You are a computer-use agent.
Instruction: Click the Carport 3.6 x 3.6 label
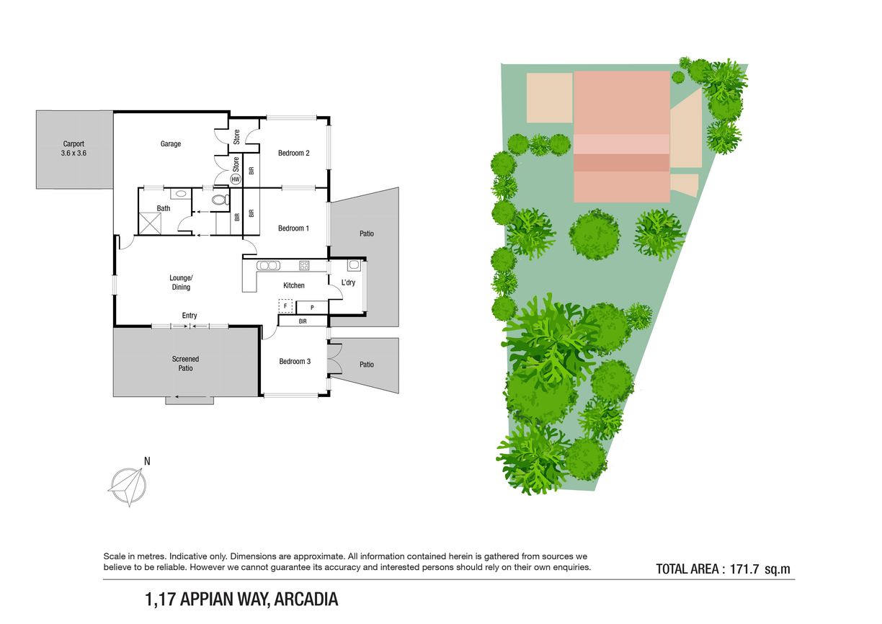[x=73, y=148]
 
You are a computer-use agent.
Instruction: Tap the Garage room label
[x=171, y=144]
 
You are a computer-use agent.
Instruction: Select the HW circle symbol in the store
[x=236, y=179]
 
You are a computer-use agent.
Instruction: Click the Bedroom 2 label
[x=294, y=153]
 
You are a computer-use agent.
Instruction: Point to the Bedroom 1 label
[x=293, y=228]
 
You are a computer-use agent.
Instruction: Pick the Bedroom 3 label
[x=295, y=362]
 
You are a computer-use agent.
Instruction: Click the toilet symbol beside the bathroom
[x=220, y=200]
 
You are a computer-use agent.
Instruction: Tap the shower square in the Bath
[x=150, y=223]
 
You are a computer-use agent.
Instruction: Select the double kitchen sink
[x=268, y=266]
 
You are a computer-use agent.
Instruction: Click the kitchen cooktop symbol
[x=304, y=265]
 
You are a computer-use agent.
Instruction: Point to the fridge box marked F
[x=285, y=306]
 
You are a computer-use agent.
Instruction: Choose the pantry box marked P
[x=312, y=308]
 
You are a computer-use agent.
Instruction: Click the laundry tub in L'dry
[x=354, y=265]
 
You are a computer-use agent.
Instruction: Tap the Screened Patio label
[x=185, y=364]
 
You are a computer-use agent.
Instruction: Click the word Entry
[x=190, y=316]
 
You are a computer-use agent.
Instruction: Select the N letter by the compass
[x=147, y=461]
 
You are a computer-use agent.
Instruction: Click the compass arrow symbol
[x=127, y=486]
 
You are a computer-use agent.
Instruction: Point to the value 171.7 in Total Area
[x=744, y=569]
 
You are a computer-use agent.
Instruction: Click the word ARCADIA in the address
[x=306, y=600]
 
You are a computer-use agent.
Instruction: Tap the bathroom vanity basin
[x=181, y=194]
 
